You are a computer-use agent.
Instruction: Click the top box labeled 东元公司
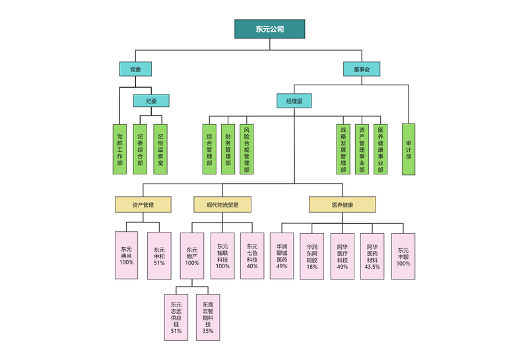point(269,29)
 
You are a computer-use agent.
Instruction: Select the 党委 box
point(135,69)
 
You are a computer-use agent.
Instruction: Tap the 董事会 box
point(362,69)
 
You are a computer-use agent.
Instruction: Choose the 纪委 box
point(151,101)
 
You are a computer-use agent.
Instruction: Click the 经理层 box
point(294,101)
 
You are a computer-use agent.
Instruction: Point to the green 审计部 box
point(409,149)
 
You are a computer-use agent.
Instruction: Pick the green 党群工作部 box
point(119,149)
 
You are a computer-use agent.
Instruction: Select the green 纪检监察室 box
point(161,149)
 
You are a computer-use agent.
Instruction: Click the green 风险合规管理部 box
point(246,149)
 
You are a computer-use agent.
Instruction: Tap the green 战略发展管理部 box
point(343,149)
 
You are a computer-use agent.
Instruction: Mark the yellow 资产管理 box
point(143,205)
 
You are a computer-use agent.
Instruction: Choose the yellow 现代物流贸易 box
point(222,205)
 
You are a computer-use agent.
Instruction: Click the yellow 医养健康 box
point(342,205)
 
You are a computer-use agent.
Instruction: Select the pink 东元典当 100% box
point(127,255)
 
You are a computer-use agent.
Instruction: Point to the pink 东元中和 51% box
point(159,255)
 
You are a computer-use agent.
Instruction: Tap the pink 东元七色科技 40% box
point(252,255)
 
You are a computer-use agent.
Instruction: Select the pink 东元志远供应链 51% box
point(176,317)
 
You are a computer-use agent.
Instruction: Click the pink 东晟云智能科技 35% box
point(208,317)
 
